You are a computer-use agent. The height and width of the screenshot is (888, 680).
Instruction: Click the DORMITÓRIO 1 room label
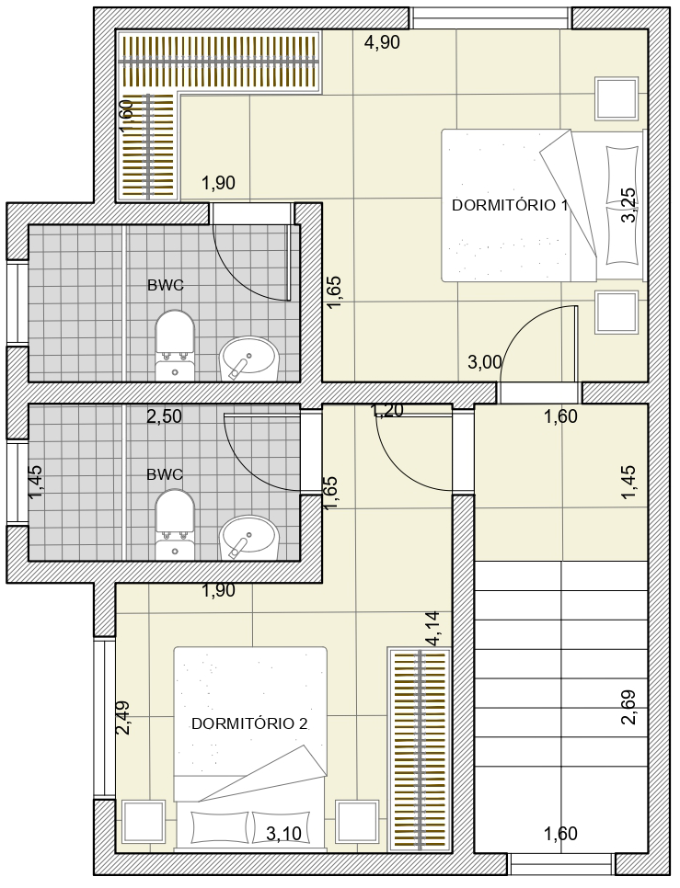click(x=510, y=205)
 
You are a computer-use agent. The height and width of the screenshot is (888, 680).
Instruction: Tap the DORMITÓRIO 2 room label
click(x=250, y=723)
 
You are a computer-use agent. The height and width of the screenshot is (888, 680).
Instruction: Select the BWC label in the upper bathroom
click(x=166, y=285)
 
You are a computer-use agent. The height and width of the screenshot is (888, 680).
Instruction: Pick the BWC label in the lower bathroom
click(x=165, y=474)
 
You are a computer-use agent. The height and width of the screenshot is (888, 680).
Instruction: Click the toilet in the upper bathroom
click(x=175, y=345)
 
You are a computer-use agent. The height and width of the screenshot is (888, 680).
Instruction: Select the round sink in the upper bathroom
click(x=249, y=359)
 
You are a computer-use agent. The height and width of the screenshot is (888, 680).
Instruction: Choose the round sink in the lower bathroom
click(x=249, y=538)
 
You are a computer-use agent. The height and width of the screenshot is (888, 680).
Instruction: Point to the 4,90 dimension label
click(x=382, y=42)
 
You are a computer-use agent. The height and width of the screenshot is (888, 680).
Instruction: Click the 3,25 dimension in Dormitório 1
click(x=628, y=206)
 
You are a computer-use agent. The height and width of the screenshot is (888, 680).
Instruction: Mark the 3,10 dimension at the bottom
click(x=283, y=834)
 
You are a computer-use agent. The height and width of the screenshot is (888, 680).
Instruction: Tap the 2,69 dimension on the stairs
click(x=628, y=707)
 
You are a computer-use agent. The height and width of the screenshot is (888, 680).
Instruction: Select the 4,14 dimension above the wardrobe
click(x=434, y=629)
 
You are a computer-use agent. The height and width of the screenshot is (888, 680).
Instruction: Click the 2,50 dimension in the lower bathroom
click(x=165, y=416)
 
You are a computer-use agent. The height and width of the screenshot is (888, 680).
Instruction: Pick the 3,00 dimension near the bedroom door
click(x=485, y=362)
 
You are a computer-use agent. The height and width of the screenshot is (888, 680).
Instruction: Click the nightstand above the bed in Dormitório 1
click(x=617, y=98)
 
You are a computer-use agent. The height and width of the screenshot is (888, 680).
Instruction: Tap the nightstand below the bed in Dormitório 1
click(x=617, y=312)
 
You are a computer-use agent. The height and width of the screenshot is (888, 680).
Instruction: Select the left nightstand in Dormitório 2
click(x=144, y=822)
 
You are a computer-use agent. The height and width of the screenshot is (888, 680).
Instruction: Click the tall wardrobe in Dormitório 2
click(x=420, y=749)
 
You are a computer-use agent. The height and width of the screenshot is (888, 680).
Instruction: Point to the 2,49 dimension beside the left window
click(x=123, y=718)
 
